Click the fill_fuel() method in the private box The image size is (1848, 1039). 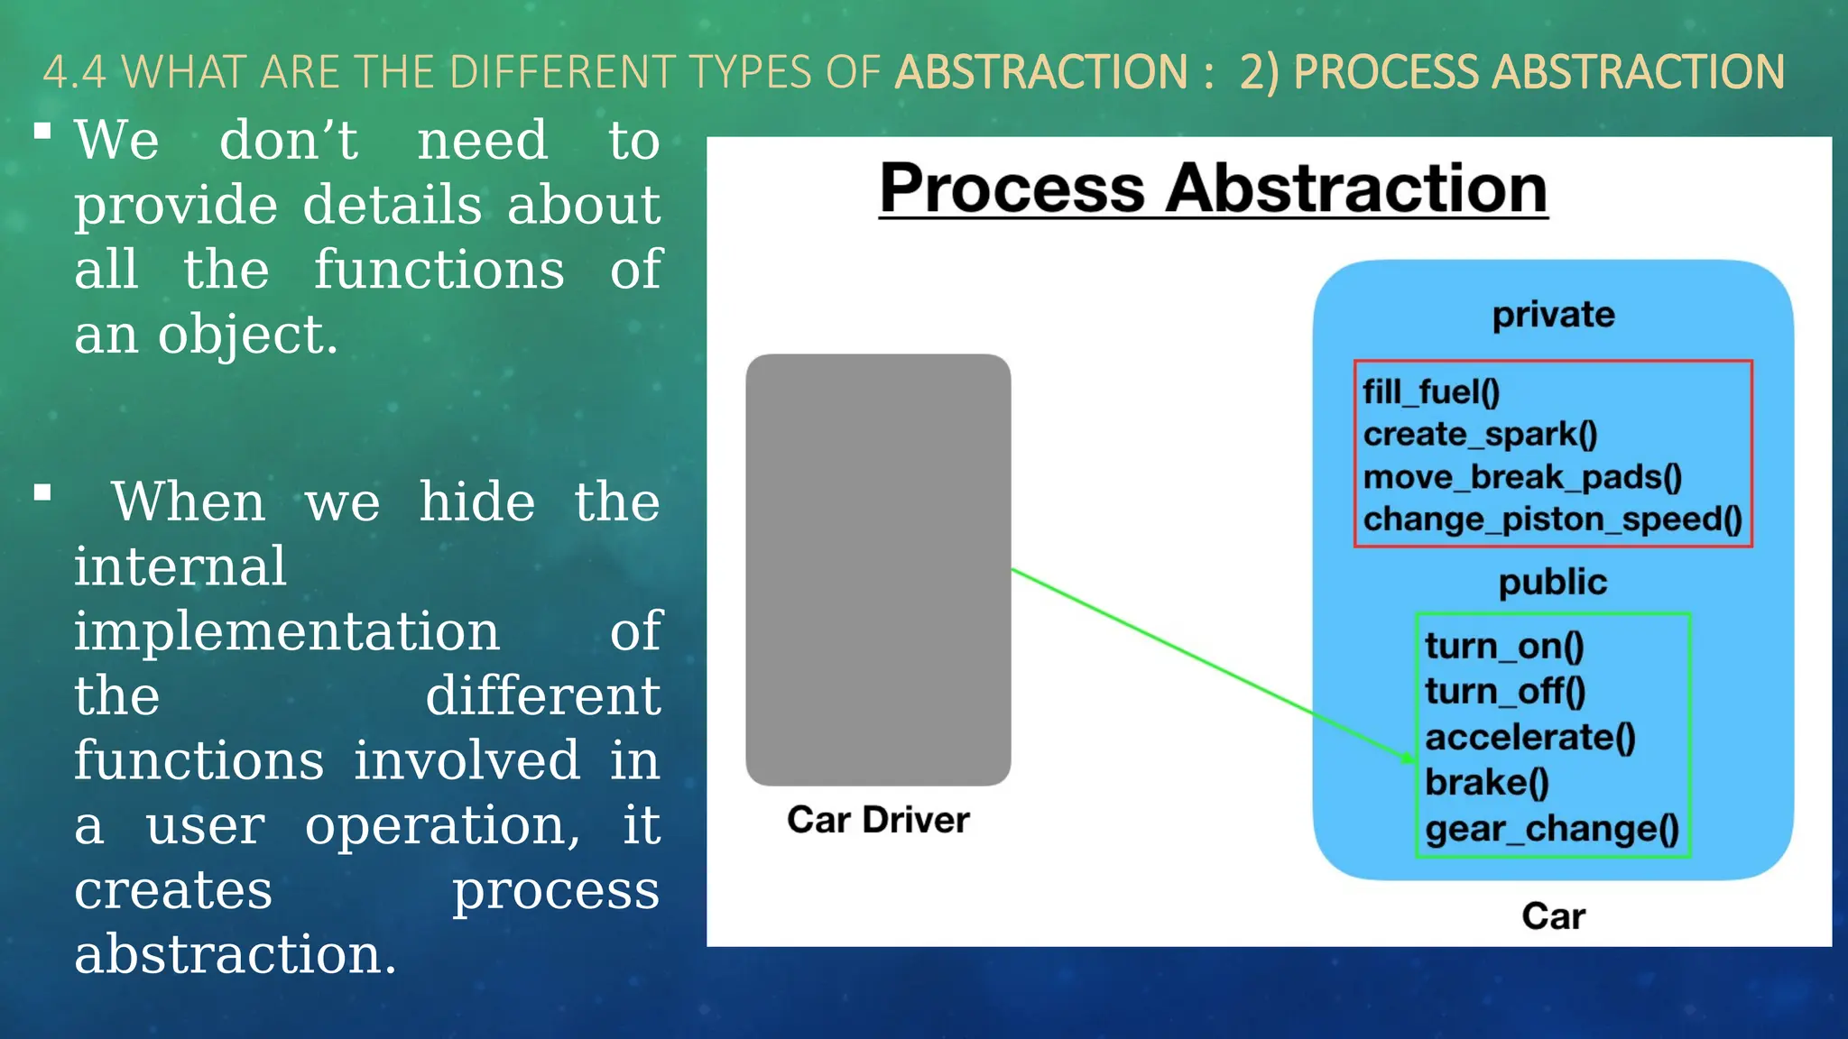coord(1431,392)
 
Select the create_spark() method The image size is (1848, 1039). coord(1480,435)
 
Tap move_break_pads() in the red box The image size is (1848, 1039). coord(1522,477)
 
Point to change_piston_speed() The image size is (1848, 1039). coord(1552,519)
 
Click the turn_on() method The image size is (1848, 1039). coord(1504,647)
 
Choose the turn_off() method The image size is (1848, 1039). coord(1505,692)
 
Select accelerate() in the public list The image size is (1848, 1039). coord(1530,738)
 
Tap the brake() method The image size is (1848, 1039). coord(1487,783)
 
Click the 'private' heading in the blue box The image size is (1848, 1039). coord(1553,315)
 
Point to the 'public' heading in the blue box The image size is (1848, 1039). coord(1553,583)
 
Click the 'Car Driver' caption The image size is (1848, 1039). coord(878,820)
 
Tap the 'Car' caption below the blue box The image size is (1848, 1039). coord(1553,916)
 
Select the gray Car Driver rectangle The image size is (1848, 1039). coord(878,569)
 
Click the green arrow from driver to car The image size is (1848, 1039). coord(1209,663)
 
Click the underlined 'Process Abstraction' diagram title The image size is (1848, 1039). coord(1214,188)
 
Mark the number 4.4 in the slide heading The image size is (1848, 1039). coord(74,72)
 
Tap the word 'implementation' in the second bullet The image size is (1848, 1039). coord(287,630)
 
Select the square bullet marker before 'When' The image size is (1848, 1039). coord(42,492)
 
